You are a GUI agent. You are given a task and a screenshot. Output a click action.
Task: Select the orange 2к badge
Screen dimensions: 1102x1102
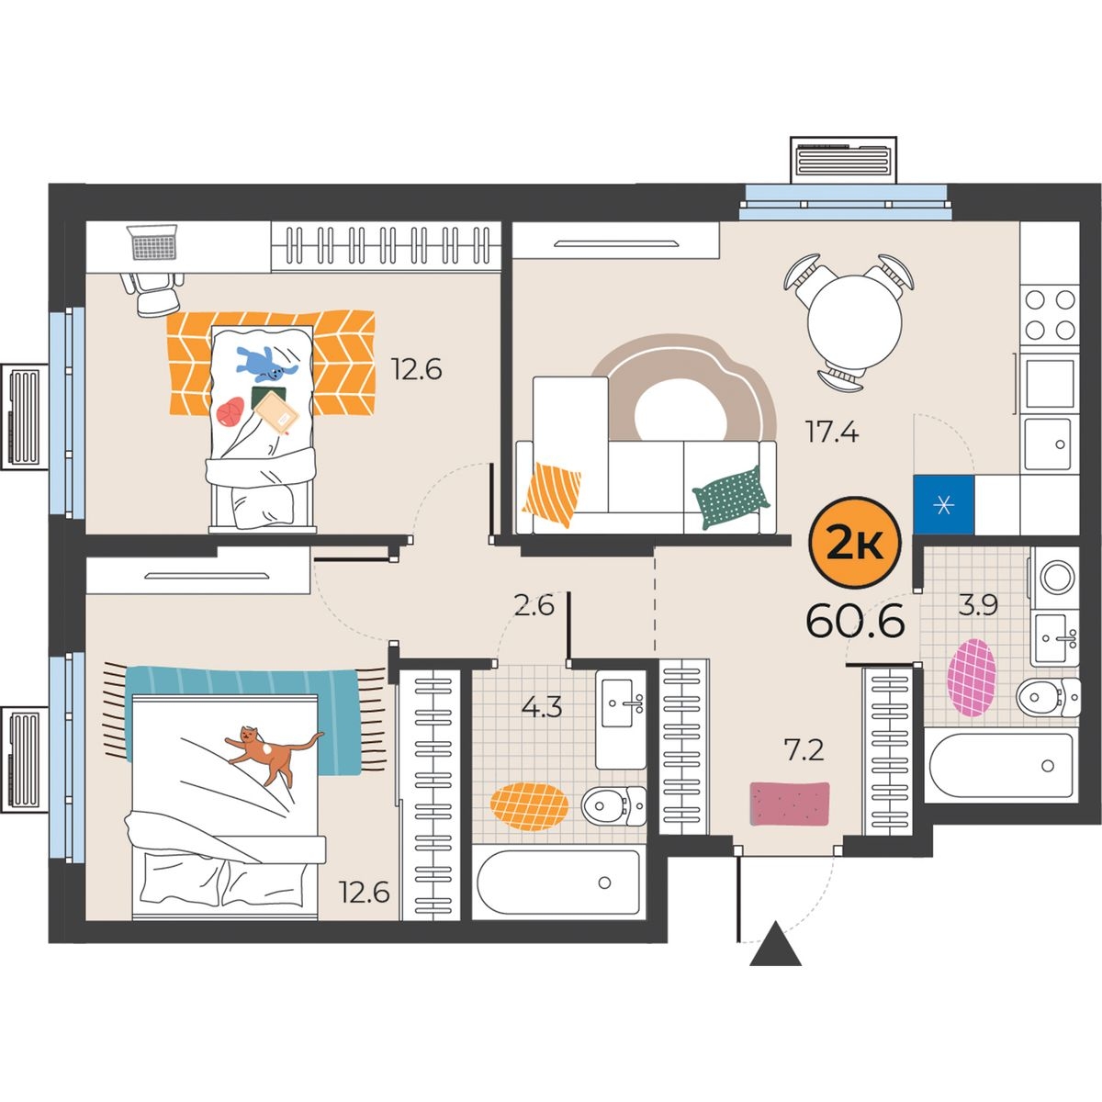point(854,542)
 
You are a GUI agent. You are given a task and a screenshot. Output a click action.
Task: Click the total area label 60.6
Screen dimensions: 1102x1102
point(855,621)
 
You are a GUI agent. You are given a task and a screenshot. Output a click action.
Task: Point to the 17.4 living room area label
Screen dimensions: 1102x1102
point(831,432)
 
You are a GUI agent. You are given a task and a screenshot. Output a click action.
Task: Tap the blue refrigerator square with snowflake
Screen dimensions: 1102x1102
point(944,505)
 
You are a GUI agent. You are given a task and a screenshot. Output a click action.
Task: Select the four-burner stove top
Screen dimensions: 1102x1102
point(1050,314)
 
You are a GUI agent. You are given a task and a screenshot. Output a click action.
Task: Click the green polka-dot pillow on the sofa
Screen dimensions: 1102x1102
point(731,498)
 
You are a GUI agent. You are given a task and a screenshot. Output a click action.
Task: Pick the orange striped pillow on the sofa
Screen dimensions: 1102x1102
point(551,493)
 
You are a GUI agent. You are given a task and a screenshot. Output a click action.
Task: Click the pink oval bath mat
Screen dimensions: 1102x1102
point(971,678)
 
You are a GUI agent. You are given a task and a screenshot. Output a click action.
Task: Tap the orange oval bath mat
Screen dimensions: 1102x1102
point(529,806)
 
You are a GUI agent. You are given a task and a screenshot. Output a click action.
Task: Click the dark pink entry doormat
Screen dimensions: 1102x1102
point(789,804)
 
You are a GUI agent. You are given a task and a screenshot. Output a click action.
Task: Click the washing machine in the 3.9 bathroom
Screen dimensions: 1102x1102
point(1055,577)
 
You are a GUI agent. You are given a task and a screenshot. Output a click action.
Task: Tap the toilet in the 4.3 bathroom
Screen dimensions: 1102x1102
point(613,805)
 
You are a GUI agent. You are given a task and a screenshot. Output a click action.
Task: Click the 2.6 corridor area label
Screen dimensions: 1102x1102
point(534,605)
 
